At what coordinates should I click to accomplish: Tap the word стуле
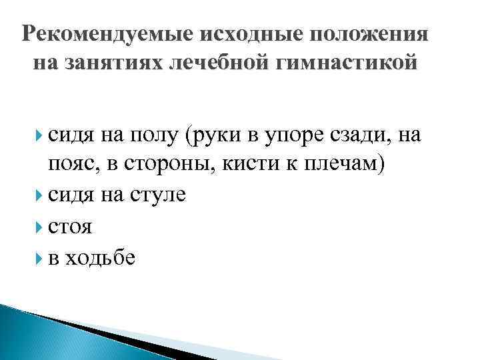point(159,195)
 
